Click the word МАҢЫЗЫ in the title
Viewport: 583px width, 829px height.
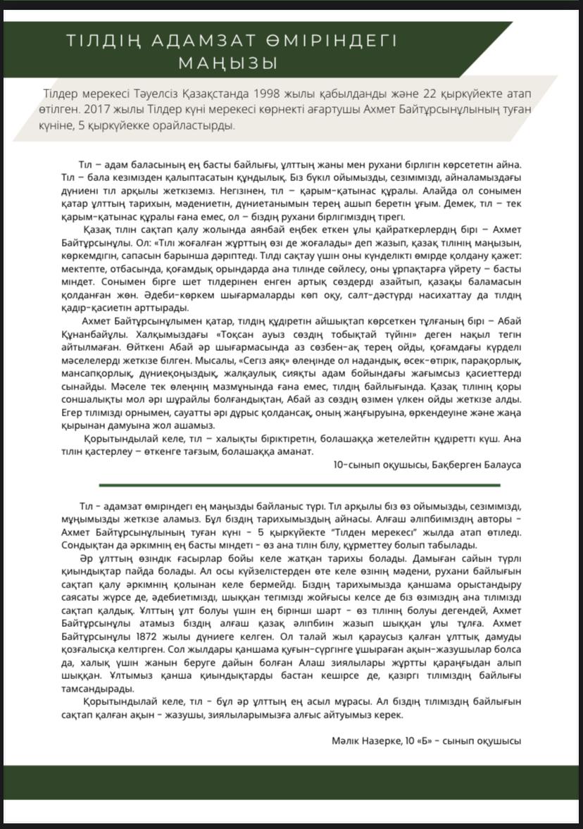(x=227, y=63)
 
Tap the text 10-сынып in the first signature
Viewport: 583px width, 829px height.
(x=354, y=465)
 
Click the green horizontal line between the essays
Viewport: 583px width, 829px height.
(x=299, y=485)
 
